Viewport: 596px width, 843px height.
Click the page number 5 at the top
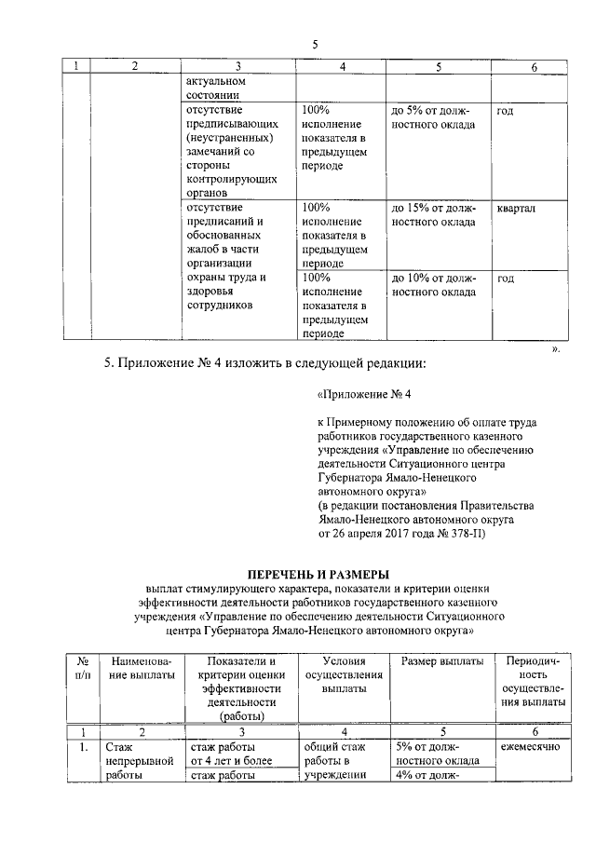(x=315, y=45)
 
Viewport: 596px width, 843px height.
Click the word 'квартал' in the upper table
(x=516, y=208)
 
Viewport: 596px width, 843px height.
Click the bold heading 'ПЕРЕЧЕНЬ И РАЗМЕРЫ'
(x=315, y=572)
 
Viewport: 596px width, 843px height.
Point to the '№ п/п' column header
(x=82, y=669)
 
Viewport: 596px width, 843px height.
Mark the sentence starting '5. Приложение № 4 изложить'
(x=281, y=364)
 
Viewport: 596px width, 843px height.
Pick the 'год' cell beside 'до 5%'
(x=506, y=111)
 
